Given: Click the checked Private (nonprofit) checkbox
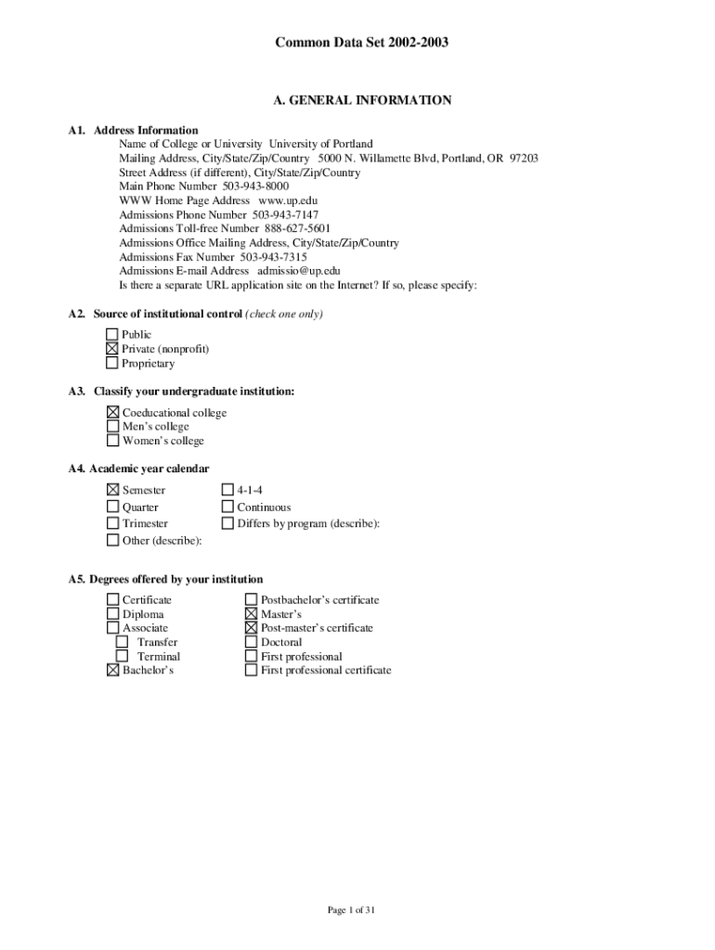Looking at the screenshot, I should [x=112, y=349].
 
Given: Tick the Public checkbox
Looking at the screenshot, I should [x=112, y=334].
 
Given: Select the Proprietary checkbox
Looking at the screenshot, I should [x=112, y=364].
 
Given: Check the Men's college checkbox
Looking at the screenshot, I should [x=112, y=427].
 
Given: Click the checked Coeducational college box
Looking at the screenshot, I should [x=112, y=412].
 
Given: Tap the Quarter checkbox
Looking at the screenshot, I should [x=112, y=507].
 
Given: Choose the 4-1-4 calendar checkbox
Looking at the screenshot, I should [x=227, y=490].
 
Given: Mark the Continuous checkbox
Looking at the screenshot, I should [x=227, y=507].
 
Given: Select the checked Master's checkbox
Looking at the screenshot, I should [x=251, y=614].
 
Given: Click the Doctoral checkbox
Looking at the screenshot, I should [x=251, y=642].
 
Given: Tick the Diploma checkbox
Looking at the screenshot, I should [x=112, y=614].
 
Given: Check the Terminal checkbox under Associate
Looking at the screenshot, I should [x=122, y=656].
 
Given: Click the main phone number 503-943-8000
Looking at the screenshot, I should [x=255, y=186].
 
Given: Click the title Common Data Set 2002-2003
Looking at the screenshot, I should [x=356, y=42].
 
